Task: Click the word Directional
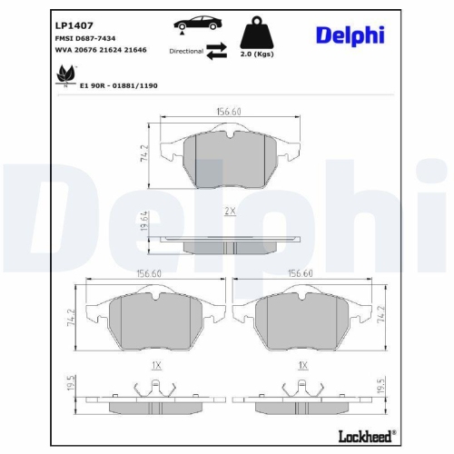[x=185, y=52]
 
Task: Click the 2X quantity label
[x=231, y=212]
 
